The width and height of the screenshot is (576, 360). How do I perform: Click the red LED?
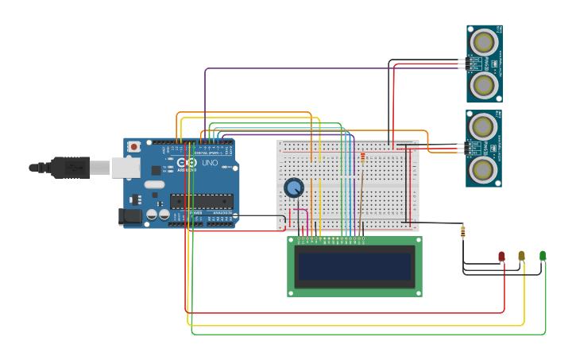coord(501,256)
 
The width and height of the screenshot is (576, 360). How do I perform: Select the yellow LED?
coord(521,256)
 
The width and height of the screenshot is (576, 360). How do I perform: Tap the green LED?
coord(543,255)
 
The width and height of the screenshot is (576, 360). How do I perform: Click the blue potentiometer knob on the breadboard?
coord(294,188)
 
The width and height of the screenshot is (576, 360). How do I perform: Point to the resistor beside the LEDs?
coord(463,231)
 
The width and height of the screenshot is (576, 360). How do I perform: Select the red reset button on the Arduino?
coord(135,146)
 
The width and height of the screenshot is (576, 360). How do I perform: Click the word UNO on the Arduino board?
coord(210,163)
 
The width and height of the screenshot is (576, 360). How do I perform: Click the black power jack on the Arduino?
coord(130,215)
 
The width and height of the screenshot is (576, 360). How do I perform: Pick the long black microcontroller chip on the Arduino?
coord(201,201)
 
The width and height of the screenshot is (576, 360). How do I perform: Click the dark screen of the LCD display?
coord(354,266)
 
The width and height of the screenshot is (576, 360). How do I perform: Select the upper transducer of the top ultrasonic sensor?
coord(484,41)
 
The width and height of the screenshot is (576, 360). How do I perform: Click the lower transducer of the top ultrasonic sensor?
coord(484,84)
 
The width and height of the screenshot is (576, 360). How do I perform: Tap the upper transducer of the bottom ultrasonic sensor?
coord(483,126)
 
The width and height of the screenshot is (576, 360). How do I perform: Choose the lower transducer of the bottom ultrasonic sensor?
coord(483,169)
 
